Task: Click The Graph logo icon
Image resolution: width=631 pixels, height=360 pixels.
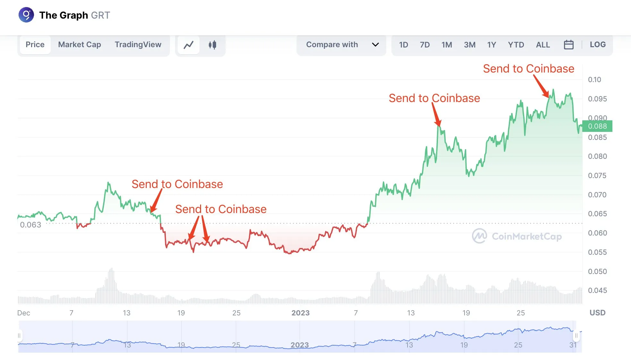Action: [26, 15]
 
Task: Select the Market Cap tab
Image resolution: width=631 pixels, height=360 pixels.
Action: [80, 45]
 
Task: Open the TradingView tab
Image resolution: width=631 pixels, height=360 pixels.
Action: [138, 45]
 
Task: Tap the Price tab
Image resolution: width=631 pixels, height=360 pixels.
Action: [35, 45]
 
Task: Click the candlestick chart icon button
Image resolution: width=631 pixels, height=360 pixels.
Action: [212, 45]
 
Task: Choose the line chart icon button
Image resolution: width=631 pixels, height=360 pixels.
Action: [189, 45]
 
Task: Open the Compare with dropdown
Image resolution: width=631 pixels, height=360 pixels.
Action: [341, 45]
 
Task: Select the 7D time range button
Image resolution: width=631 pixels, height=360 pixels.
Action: [425, 45]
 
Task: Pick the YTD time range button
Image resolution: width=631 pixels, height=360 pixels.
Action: [516, 45]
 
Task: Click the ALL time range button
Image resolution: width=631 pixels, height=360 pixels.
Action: [543, 45]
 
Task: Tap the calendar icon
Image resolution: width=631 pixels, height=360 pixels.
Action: [568, 45]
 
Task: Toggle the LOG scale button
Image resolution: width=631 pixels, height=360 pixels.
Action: [598, 45]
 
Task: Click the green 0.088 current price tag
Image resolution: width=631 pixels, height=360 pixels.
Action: [597, 126]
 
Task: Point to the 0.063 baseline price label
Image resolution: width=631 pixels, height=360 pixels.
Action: [31, 225]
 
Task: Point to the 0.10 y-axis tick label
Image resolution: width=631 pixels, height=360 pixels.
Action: [594, 80]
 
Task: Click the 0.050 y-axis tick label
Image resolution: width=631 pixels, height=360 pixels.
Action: [597, 271]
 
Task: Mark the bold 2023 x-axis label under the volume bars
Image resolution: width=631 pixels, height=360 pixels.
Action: [300, 313]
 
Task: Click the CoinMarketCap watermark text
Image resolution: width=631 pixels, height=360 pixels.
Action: [526, 236]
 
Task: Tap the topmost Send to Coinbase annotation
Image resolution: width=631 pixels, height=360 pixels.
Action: [528, 69]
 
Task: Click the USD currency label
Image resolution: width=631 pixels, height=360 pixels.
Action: [597, 313]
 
